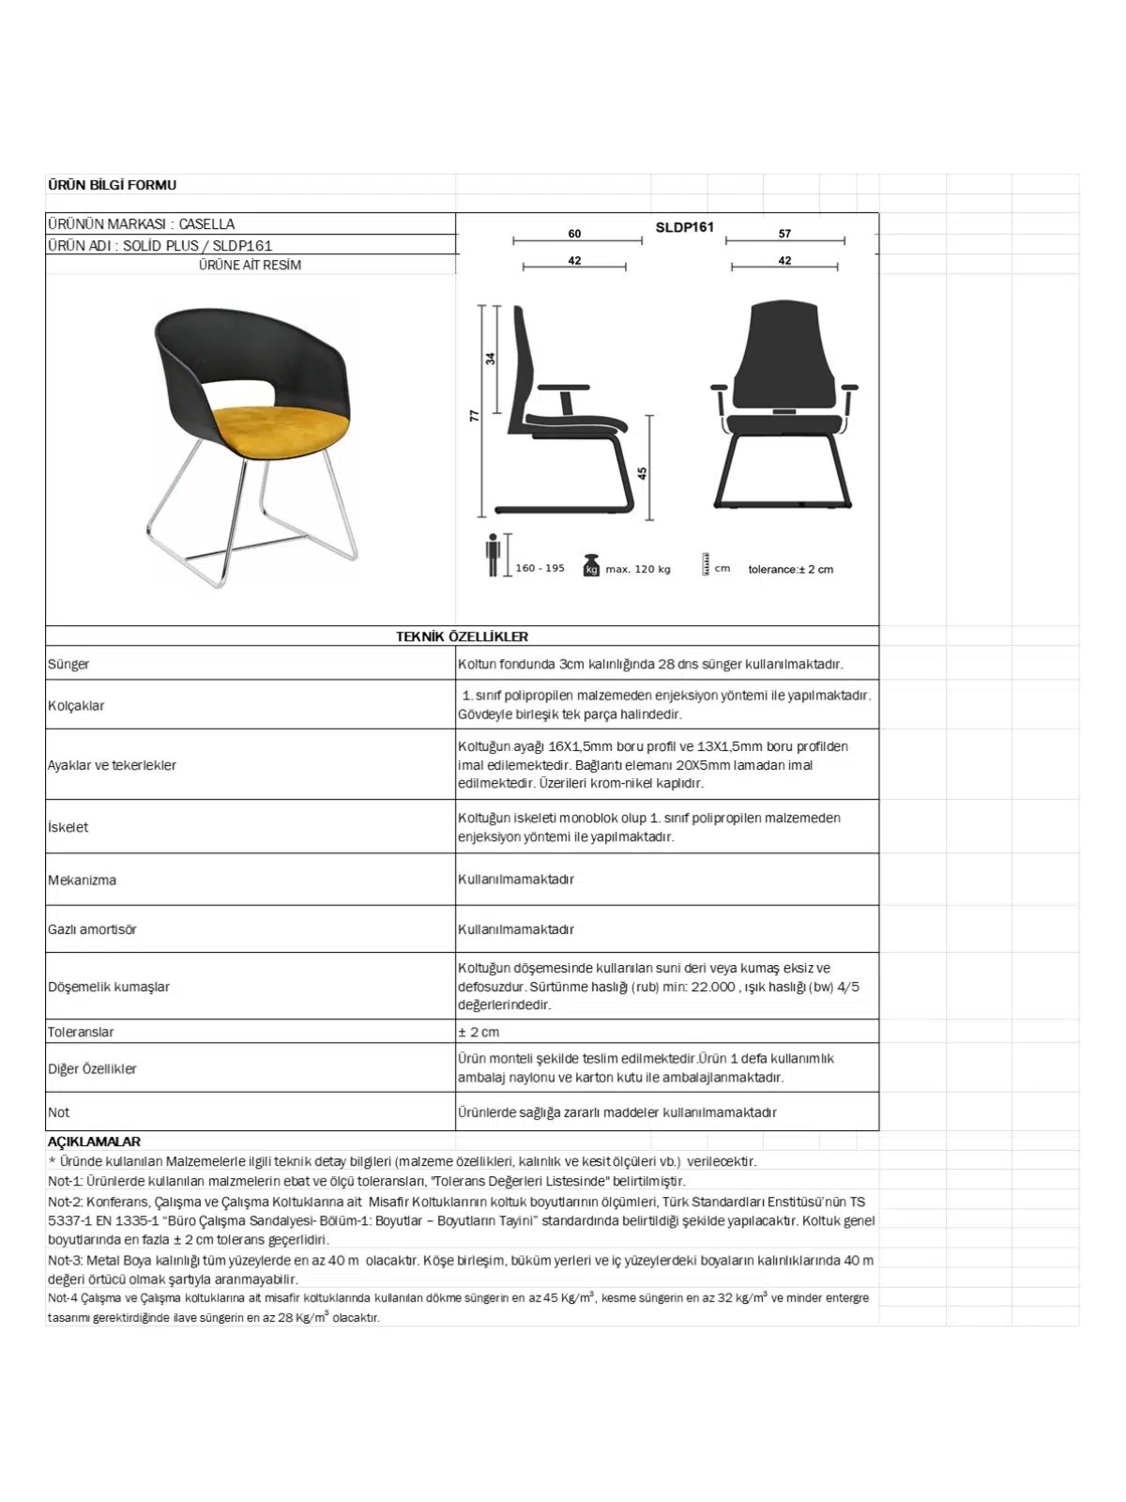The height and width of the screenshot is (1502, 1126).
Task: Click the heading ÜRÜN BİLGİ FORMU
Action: (112, 185)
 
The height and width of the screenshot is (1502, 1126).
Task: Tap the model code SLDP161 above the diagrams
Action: (684, 227)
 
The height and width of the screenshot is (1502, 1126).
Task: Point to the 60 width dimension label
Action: (574, 234)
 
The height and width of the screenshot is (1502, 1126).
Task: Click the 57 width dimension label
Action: (784, 234)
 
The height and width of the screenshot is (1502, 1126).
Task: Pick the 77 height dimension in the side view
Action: (475, 415)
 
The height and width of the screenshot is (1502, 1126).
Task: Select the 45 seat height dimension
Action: (643, 473)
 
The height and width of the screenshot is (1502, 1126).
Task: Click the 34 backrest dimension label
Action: (490, 359)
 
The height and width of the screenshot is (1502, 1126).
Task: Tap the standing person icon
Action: (493, 555)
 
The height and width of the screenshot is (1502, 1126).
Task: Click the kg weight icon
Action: (591, 566)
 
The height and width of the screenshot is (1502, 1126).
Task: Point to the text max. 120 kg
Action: (638, 569)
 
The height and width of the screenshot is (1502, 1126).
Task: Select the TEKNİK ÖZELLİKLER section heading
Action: (462, 636)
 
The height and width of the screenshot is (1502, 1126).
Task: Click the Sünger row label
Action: (68, 664)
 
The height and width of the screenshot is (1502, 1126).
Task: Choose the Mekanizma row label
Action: (82, 880)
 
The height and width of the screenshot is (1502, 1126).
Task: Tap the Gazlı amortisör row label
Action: (92, 929)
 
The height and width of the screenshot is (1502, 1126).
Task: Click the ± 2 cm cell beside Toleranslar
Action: (479, 1032)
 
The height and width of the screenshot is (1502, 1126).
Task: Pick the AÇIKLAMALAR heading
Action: (94, 1142)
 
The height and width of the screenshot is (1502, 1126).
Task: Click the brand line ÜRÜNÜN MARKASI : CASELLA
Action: (141, 224)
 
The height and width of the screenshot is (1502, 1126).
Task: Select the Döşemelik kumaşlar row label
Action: (109, 987)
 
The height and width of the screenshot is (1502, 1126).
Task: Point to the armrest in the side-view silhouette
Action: (564, 388)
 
